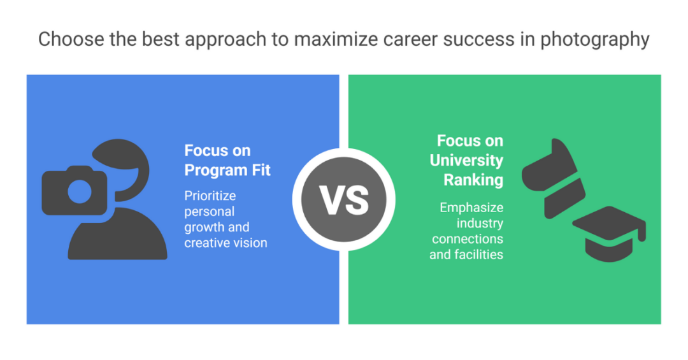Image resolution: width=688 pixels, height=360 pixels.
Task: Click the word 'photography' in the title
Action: pos(594,40)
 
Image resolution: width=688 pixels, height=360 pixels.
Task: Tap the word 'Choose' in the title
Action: pos(71,39)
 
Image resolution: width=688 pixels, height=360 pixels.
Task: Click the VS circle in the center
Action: pos(343,200)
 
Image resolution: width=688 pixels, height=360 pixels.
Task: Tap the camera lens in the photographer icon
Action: pos(80,191)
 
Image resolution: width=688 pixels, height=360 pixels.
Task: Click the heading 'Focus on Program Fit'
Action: pos(227,160)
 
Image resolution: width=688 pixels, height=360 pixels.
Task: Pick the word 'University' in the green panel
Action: pos(466,160)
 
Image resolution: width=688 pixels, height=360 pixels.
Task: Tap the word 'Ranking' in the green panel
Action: pos(473,180)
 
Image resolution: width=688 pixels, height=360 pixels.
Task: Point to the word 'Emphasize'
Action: pos(471,207)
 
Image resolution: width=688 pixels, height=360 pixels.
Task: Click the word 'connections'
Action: pos(468,239)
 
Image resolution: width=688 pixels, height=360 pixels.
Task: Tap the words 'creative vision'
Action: pos(226,243)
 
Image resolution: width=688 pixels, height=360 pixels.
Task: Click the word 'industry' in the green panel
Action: pos(480,224)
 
